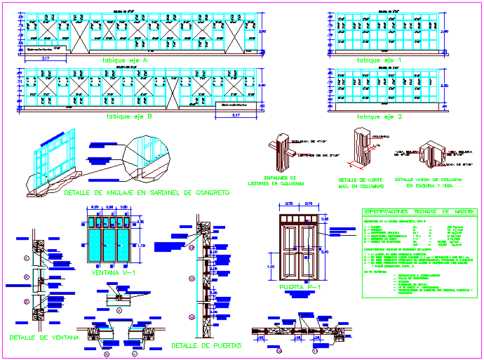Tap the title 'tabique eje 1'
point(379,60)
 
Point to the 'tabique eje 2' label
point(379,116)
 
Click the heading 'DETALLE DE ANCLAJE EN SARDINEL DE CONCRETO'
point(145,192)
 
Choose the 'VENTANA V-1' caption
point(109,272)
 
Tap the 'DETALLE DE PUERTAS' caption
point(206,346)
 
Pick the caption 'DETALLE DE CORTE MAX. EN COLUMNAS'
point(361,184)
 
